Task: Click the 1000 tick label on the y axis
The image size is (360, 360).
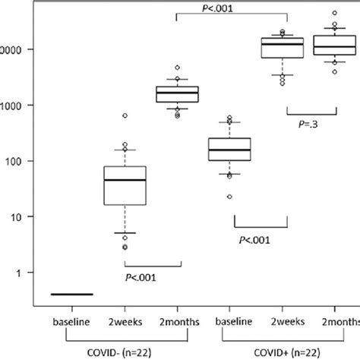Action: click(x=12, y=106)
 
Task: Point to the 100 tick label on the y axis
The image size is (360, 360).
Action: click(x=15, y=161)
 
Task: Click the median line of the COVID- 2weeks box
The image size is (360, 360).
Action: click(x=125, y=180)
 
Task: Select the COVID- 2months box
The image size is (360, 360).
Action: click(x=177, y=94)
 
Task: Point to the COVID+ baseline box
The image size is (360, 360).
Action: click(x=229, y=149)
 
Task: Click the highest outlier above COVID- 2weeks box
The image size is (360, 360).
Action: click(x=125, y=115)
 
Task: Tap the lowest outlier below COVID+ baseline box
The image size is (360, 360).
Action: click(x=229, y=197)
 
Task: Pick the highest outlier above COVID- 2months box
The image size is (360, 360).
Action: click(x=177, y=68)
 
